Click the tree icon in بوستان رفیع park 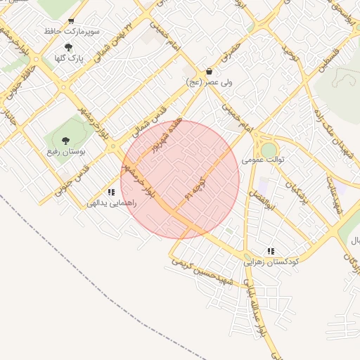pos(65,141)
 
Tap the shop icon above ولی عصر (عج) pos(210,71)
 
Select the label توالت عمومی pos(263,160)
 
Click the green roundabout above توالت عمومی pos(269,150)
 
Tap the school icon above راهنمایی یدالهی pos(111,192)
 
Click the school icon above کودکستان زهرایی pos(271,251)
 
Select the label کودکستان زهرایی pos(271,262)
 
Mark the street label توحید pos(287,50)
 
